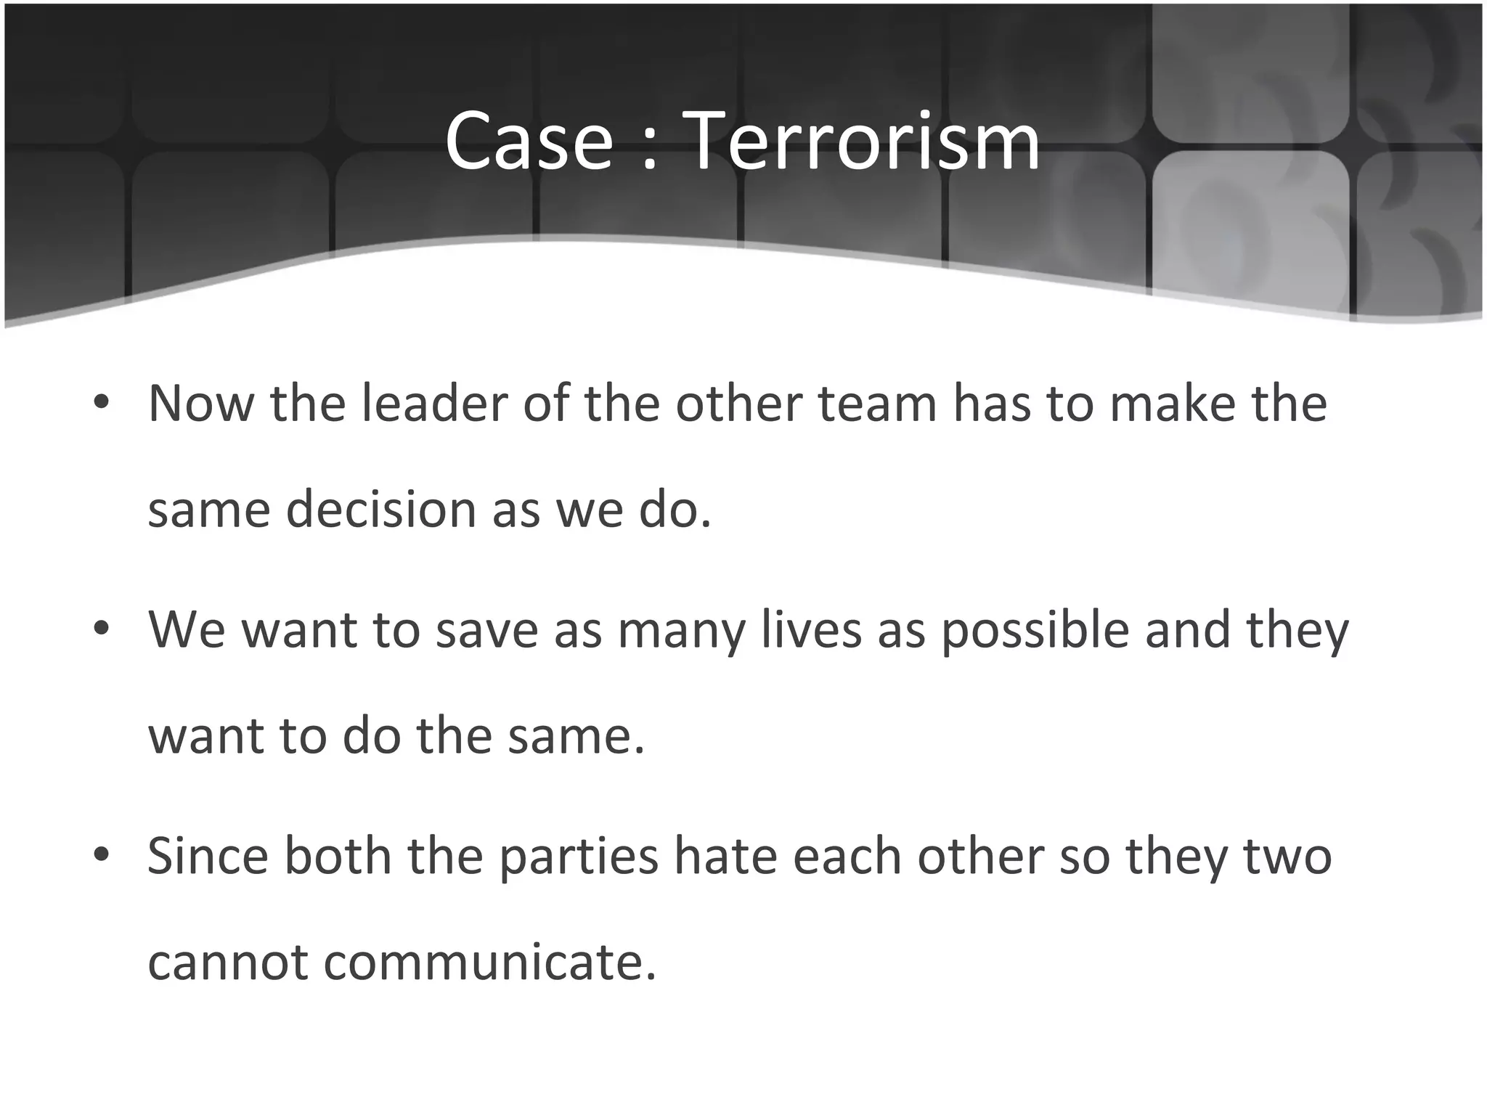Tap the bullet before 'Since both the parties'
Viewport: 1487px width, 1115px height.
tap(101, 854)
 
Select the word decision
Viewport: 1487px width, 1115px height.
tap(380, 510)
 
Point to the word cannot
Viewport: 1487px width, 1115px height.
tap(227, 963)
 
